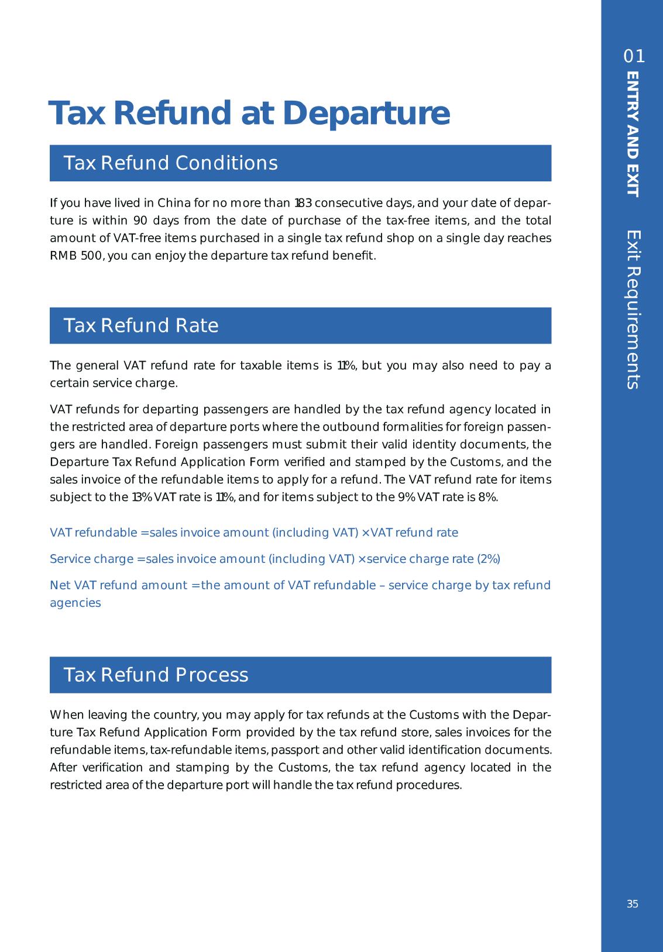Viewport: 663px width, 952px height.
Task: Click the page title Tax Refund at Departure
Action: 249,114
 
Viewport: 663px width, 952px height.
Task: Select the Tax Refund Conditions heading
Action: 170,163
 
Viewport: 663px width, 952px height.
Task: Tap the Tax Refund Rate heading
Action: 140,326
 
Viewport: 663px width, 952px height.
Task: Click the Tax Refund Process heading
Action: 156,675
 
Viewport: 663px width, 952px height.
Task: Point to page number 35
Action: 633,904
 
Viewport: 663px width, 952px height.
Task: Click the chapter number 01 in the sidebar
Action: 634,57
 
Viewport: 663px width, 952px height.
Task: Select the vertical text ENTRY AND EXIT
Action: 633,134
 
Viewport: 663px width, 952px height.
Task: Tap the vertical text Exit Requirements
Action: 633,310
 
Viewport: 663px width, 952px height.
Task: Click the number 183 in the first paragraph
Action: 303,204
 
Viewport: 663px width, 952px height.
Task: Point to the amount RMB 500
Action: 76,256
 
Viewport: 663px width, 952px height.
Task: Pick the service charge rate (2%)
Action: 489,559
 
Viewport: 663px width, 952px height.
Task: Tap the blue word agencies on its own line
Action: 75,603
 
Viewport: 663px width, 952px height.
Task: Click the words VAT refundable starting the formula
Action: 93,533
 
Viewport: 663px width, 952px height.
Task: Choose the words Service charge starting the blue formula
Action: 91,559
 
